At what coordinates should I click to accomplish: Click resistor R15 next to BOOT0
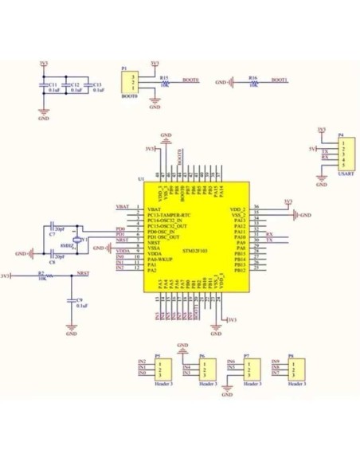coord(164,82)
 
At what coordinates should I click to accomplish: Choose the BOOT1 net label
coord(280,80)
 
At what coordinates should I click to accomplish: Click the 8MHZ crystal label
coord(67,245)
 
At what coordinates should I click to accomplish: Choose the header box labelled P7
coord(251,369)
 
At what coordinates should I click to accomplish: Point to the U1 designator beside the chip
coord(141,180)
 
